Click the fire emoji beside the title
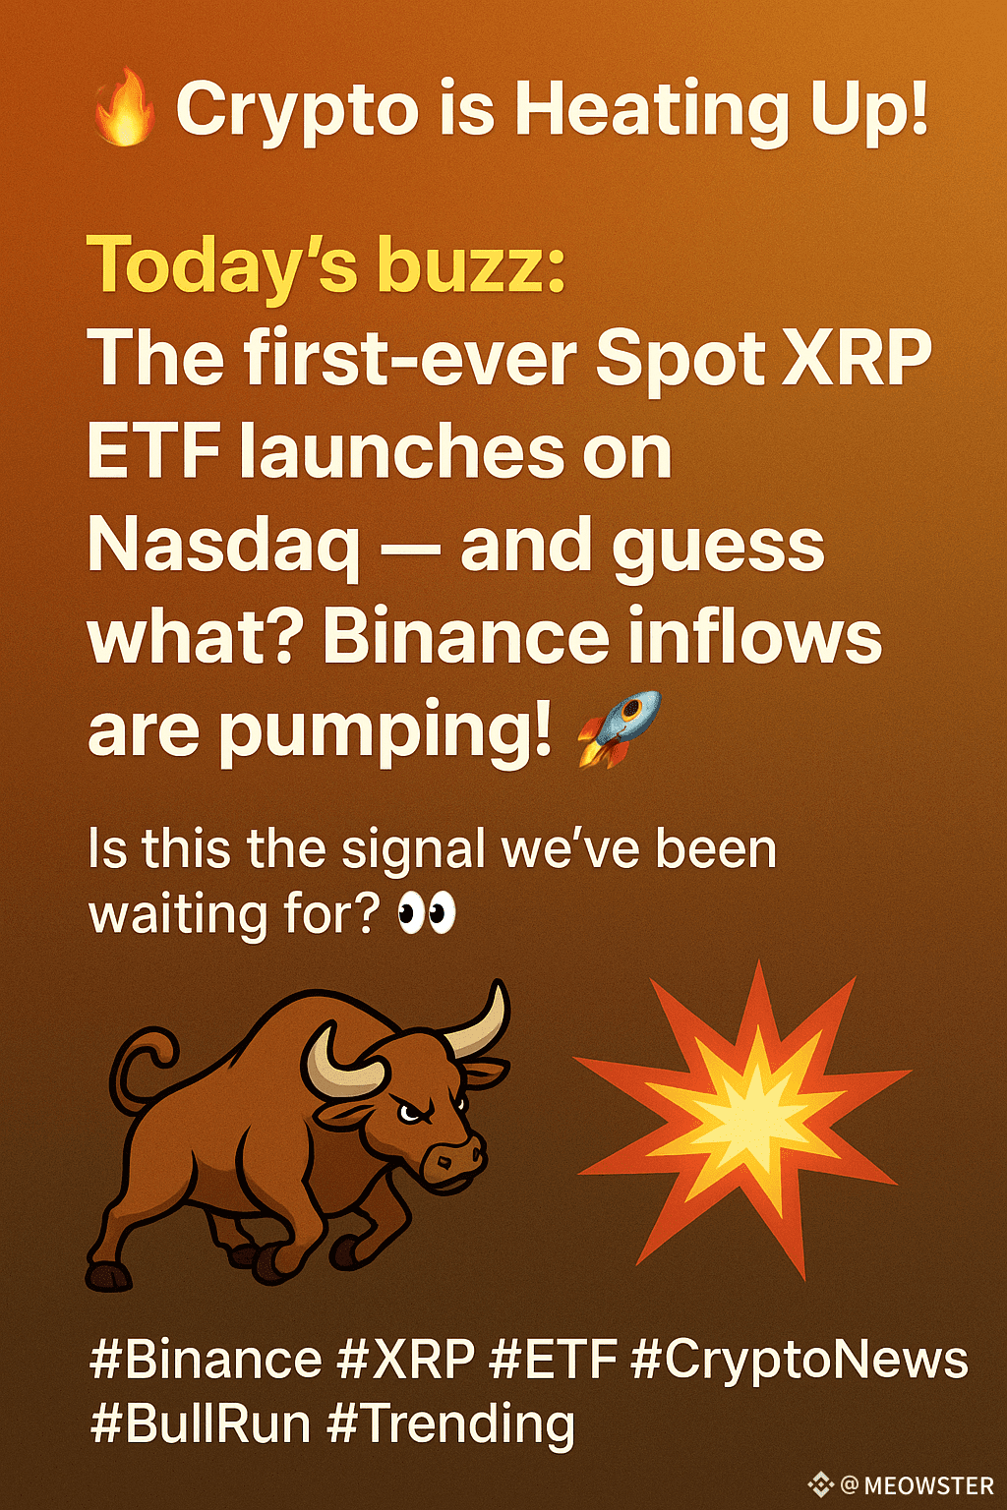pos(125,108)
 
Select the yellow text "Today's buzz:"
pos(326,265)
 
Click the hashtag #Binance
pos(206,1359)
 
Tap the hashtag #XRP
pos(405,1359)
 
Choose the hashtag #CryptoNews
pos(800,1359)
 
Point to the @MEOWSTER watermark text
pos(917,1485)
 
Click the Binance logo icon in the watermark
pos(821,1485)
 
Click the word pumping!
pos(384,734)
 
